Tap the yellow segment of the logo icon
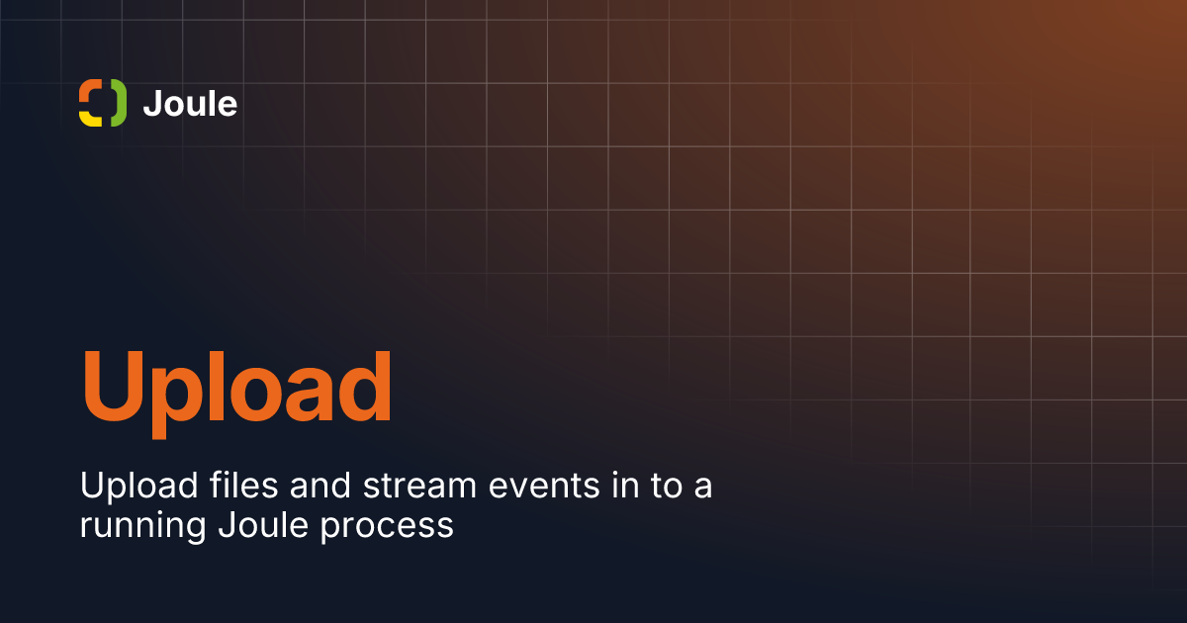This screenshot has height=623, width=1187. [89, 120]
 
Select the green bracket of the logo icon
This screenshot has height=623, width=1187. [120, 103]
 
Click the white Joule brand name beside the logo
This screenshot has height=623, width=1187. [190, 103]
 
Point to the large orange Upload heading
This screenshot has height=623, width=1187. [236, 394]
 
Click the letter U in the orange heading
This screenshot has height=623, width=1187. [113, 387]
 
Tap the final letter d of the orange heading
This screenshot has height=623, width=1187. [365, 386]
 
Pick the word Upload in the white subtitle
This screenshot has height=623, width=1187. [138, 486]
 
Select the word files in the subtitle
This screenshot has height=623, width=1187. [243, 485]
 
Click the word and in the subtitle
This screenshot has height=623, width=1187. [320, 485]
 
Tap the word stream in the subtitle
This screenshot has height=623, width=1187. [419, 486]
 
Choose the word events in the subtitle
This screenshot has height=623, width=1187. [544, 487]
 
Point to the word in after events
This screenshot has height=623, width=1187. [626, 485]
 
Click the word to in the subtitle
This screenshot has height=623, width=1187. [667, 486]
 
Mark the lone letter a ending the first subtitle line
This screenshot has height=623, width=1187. [703, 488]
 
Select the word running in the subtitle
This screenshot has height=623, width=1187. [142, 526]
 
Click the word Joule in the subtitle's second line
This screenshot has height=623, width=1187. [263, 524]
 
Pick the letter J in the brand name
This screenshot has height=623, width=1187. [152, 103]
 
